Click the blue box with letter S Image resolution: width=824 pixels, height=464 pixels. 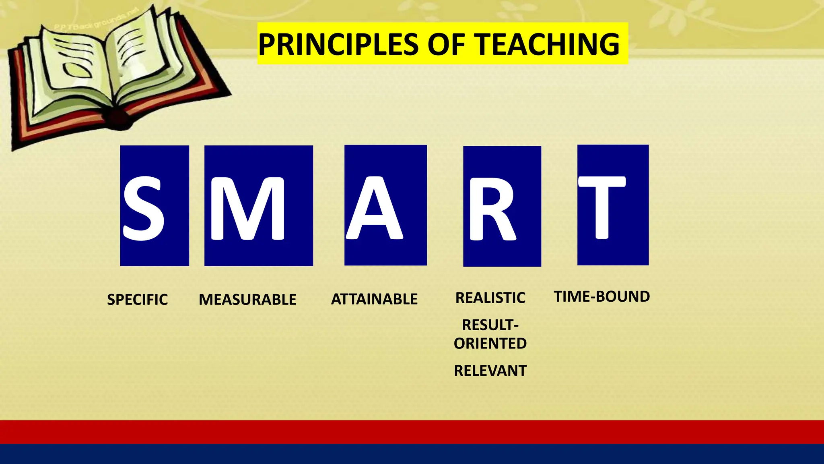click(154, 205)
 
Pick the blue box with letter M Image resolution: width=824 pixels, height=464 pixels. click(259, 205)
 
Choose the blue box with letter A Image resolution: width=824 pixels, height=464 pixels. click(385, 205)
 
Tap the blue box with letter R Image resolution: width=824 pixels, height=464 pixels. click(502, 206)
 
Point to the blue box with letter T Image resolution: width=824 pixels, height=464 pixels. click(613, 205)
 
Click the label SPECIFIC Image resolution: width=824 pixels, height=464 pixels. click(137, 300)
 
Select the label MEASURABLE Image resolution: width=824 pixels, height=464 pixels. click(247, 300)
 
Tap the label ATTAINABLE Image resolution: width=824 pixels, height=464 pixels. click(374, 299)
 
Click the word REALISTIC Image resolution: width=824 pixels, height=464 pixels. click(490, 298)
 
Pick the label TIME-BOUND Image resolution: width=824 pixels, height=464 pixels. click(602, 296)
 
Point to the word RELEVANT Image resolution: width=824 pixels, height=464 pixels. click(490, 371)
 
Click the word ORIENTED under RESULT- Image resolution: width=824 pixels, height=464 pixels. click(490, 344)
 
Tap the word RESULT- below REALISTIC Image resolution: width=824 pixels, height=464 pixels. click(490, 325)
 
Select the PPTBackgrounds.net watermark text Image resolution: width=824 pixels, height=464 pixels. click(97, 20)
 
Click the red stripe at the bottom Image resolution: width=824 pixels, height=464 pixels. click(412, 432)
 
